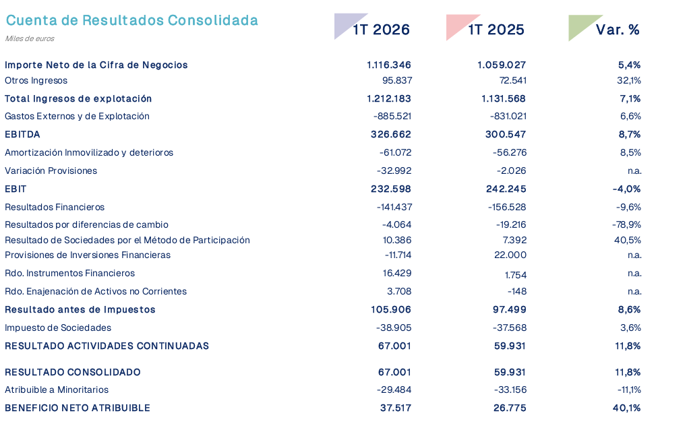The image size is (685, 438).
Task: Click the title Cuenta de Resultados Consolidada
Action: pyautogui.click(x=131, y=20)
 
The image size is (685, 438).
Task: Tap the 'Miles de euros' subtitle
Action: pyautogui.click(x=30, y=38)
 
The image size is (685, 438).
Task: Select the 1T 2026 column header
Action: pyautogui.click(x=382, y=30)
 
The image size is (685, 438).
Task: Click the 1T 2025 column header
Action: pyautogui.click(x=496, y=30)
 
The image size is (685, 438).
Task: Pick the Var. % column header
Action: pyautogui.click(x=618, y=30)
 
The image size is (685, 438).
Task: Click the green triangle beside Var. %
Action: pyautogui.click(x=580, y=25)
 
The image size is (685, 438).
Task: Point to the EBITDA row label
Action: pyautogui.click(x=22, y=135)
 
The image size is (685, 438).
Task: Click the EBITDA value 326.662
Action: pyautogui.click(x=391, y=135)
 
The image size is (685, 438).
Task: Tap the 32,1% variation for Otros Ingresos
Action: pyautogui.click(x=629, y=81)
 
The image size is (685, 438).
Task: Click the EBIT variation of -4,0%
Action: pyautogui.click(x=626, y=189)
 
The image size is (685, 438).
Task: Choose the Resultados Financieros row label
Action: pyautogui.click(x=55, y=208)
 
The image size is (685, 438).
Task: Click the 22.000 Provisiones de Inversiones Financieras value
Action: pyautogui.click(x=510, y=255)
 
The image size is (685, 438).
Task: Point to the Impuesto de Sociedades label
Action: pyautogui.click(x=58, y=328)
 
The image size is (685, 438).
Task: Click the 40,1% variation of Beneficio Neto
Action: pyautogui.click(x=626, y=408)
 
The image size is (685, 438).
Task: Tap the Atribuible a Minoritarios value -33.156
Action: pyautogui.click(x=509, y=390)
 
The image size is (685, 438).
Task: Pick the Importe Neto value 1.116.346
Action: pyautogui.click(x=389, y=65)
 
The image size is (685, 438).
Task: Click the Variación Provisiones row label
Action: pyautogui.click(x=51, y=171)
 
